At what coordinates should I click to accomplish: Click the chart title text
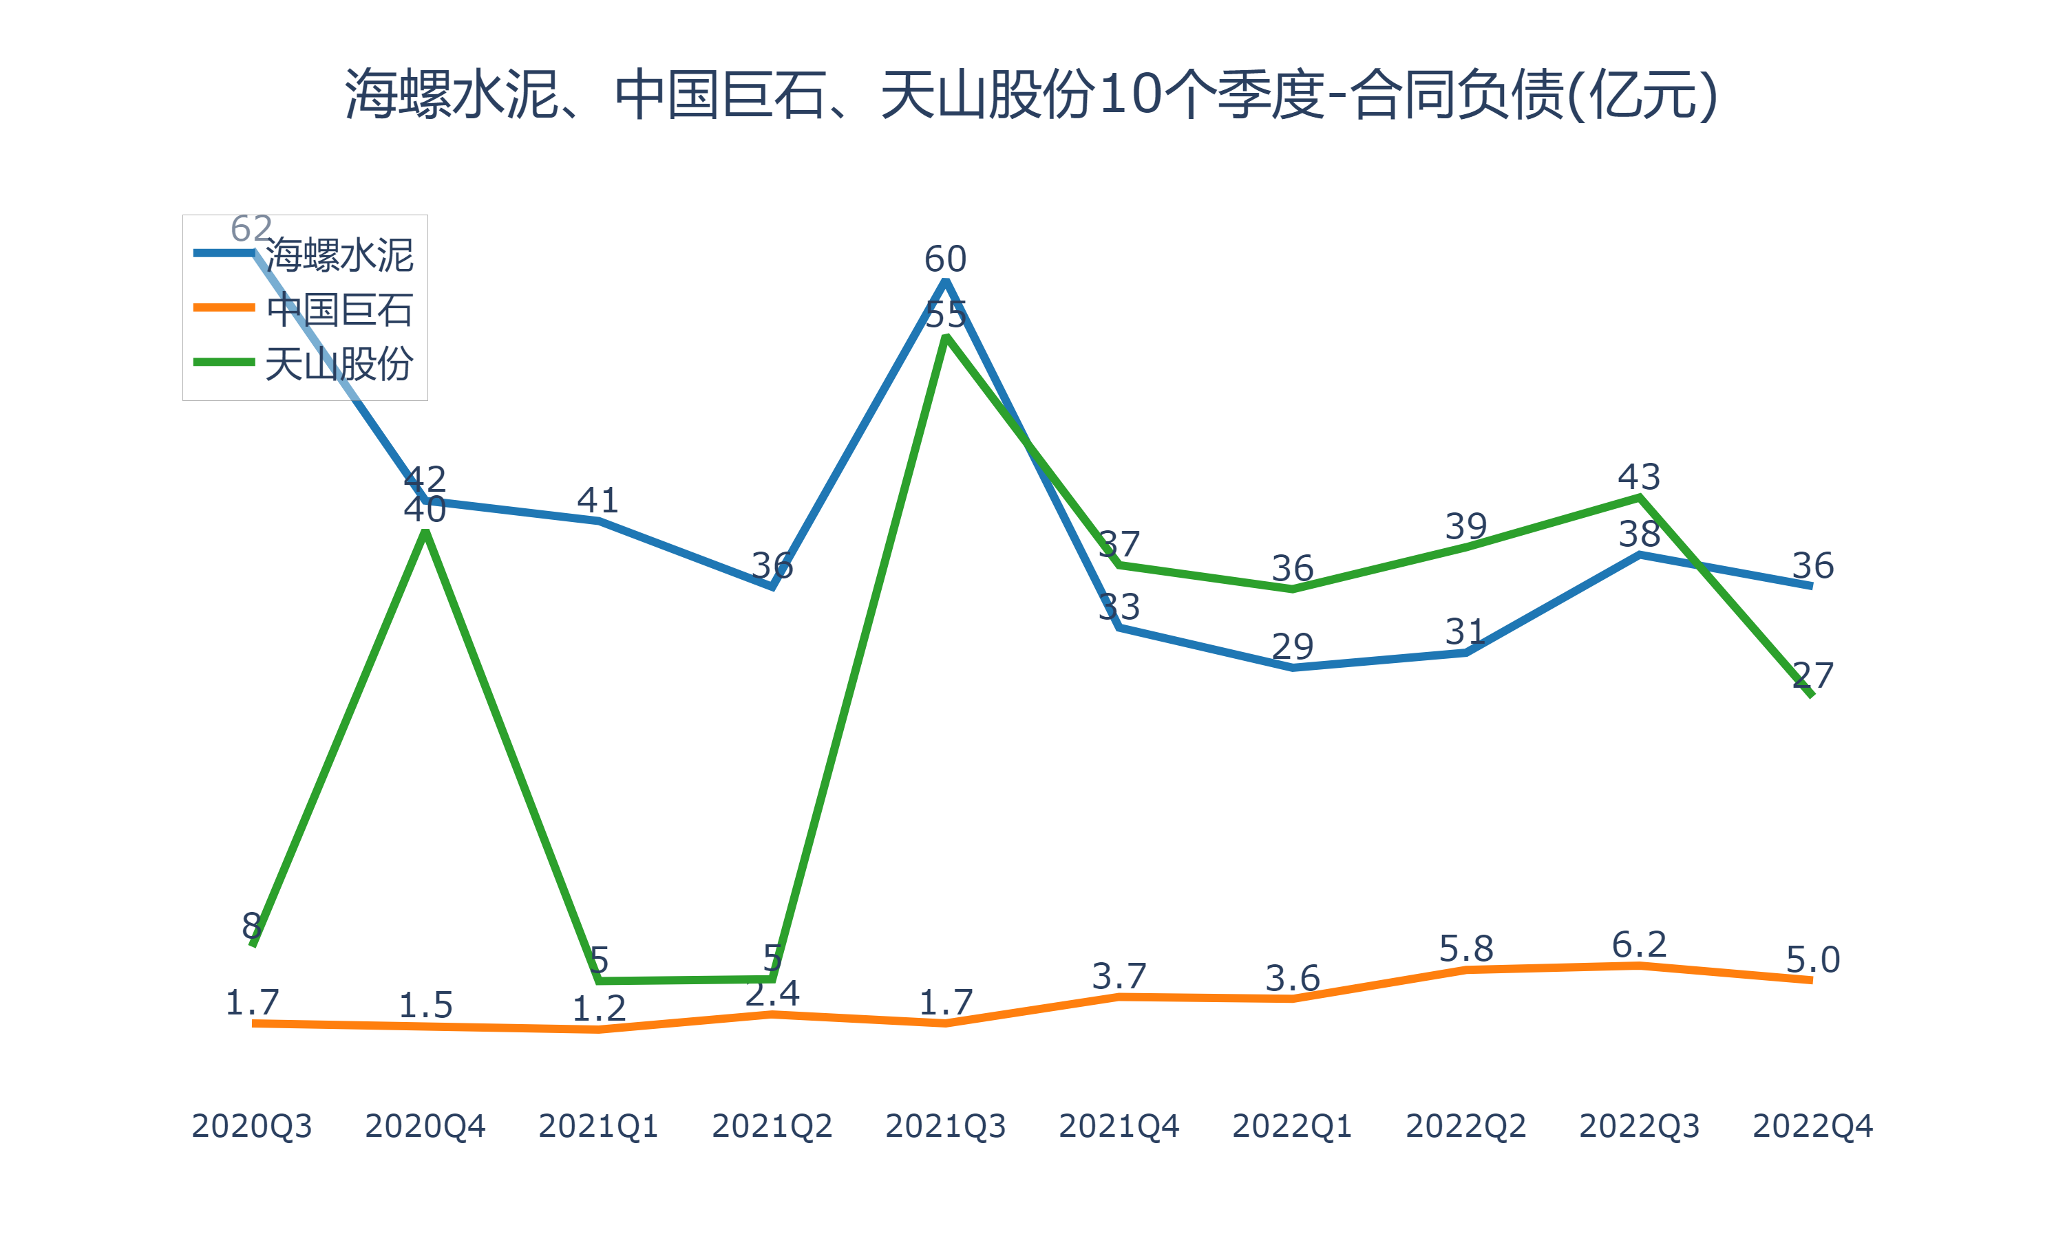[x=1032, y=94]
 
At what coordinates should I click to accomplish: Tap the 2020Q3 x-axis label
[x=251, y=1126]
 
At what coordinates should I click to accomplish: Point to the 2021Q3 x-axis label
[x=945, y=1126]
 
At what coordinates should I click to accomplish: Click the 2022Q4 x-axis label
[x=1812, y=1126]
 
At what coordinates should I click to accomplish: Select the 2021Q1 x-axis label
[x=597, y=1126]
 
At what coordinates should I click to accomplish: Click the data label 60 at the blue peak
[x=945, y=259]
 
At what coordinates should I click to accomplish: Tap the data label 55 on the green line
[x=945, y=315]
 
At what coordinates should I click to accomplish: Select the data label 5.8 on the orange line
[x=1465, y=949]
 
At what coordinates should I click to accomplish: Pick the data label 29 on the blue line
[x=1292, y=647]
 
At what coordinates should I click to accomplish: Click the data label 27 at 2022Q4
[x=1812, y=675]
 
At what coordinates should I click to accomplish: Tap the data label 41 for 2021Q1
[x=597, y=501]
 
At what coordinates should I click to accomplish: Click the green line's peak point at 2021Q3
[x=945, y=336]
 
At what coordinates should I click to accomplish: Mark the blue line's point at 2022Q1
[x=1292, y=667]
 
